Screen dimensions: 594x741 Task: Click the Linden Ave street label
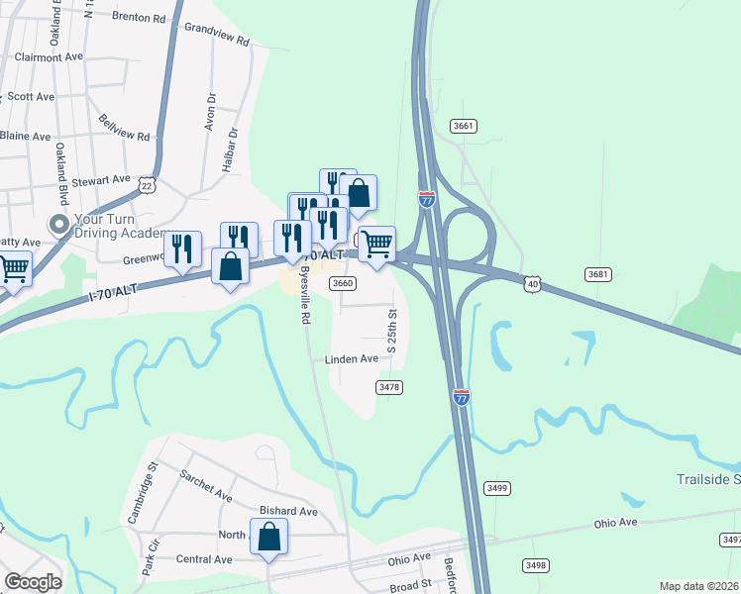click(x=352, y=359)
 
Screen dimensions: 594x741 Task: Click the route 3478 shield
click(x=389, y=387)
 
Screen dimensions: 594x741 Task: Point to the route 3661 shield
click(x=463, y=126)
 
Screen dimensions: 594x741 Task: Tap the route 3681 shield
click(x=597, y=274)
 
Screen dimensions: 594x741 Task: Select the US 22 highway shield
click(x=148, y=185)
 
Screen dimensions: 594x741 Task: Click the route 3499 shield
click(x=497, y=488)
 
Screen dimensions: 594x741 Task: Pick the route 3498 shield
click(x=536, y=565)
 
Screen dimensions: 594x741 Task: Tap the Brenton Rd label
click(x=139, y=18)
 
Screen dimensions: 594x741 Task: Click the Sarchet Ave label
click(x=205, y=482)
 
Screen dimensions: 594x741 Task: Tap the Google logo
click(x=32, y=582)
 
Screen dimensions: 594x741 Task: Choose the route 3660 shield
click(x=343, y=283)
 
